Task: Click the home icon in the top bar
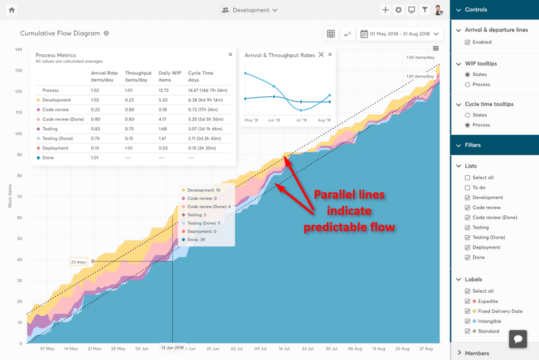tap(12, 10)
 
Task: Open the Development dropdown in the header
tap(250, 10)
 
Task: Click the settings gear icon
tap(398, 10)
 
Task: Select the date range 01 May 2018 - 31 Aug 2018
tap(400, 34)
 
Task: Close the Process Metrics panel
tap(230, 54)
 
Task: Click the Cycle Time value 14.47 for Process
tap(208, 91)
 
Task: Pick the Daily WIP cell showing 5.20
tap(163, 100)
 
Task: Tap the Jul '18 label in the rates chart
tap(301, 120)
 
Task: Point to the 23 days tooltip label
tap(78, 262)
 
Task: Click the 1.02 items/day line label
tap(420, 57)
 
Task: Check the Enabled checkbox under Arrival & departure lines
tap(467, 42)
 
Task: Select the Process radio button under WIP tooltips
tap(467, 84)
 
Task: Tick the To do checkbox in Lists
tap(467, 187)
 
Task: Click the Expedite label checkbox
tap(467, 301)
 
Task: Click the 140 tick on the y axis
tap(18, 49)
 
